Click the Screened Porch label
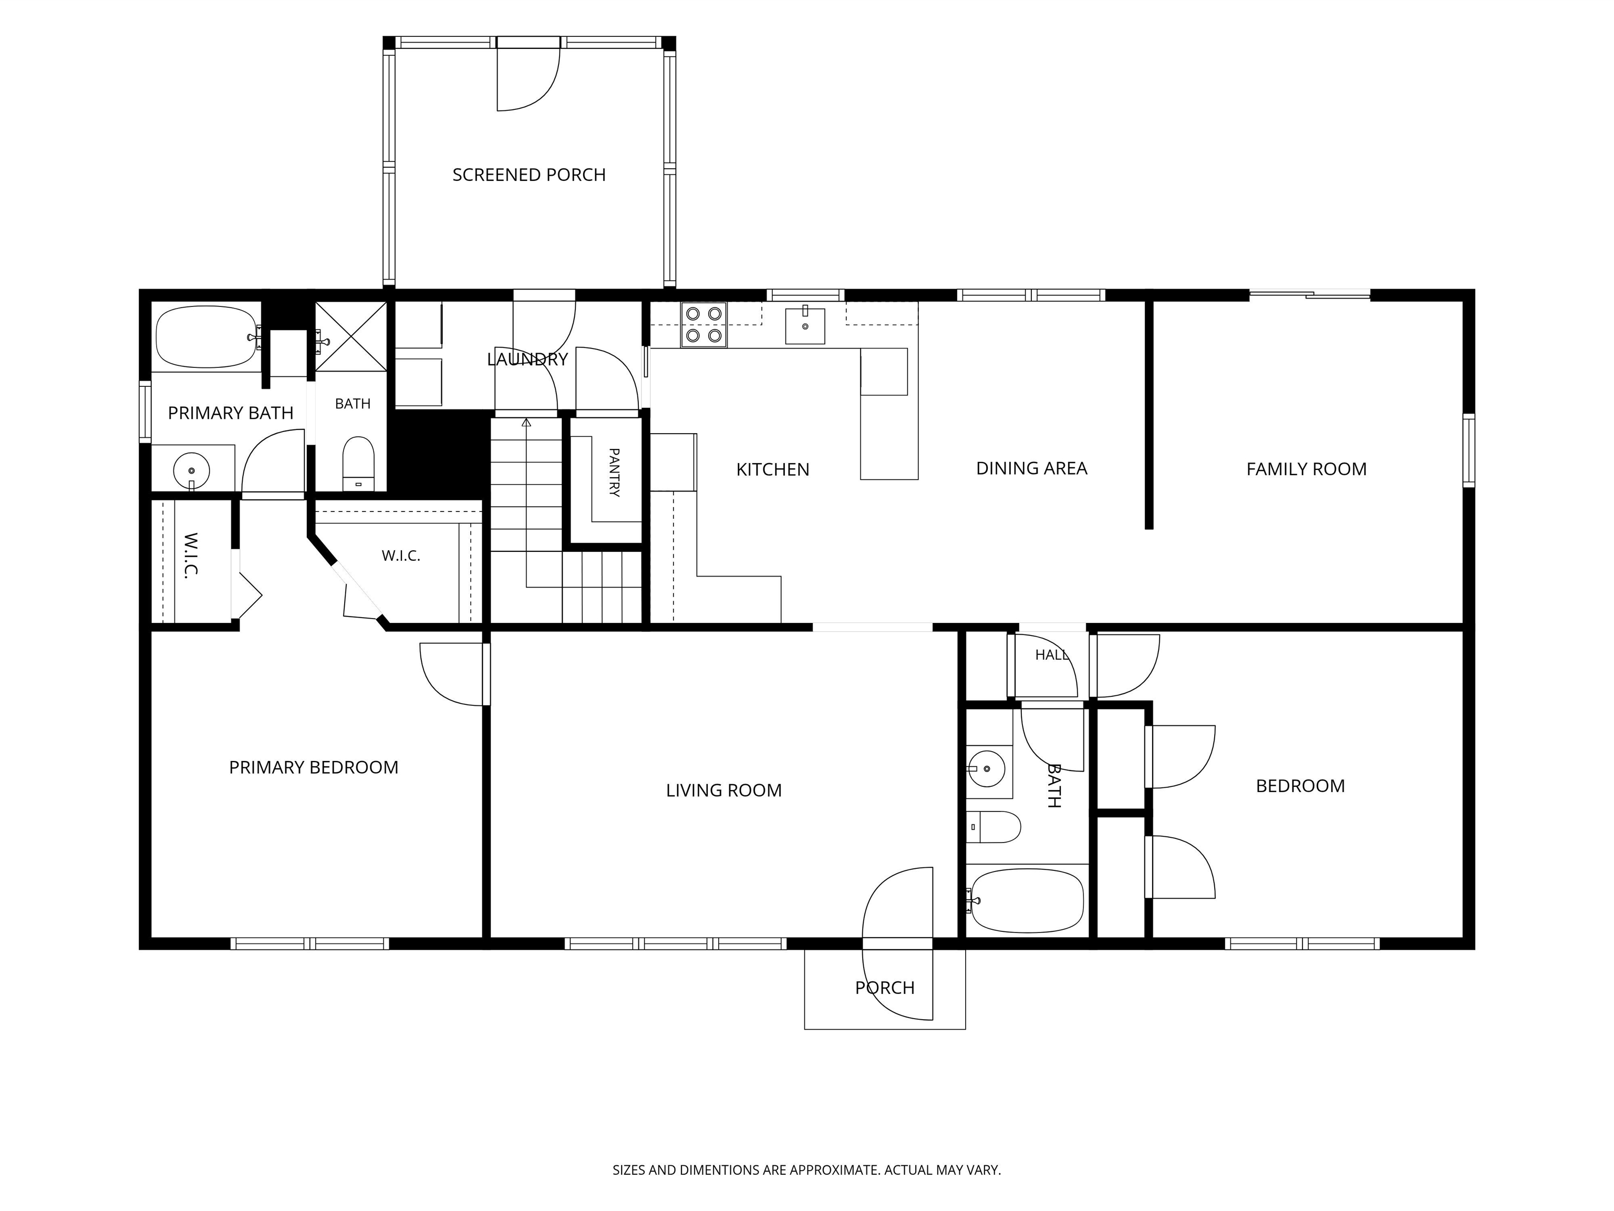[x=529, y=175]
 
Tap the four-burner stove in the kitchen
[x=703, y=325]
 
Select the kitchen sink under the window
[x=805, y=325]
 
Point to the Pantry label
[x=614, y=473]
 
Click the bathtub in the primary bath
[x=206, y=336]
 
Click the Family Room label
[x=1306, y=469]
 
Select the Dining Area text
[x=1032, y=469]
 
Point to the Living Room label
[x=724, y=791]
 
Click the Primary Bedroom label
[x=314, y=768]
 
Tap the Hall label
[x=1051, y=655]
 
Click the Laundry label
[x=527, y=359]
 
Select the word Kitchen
[x=773, y=470]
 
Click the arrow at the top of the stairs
[x=526, y=422]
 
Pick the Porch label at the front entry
[x=884, y=988]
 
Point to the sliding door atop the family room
[x=1310, y=295]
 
